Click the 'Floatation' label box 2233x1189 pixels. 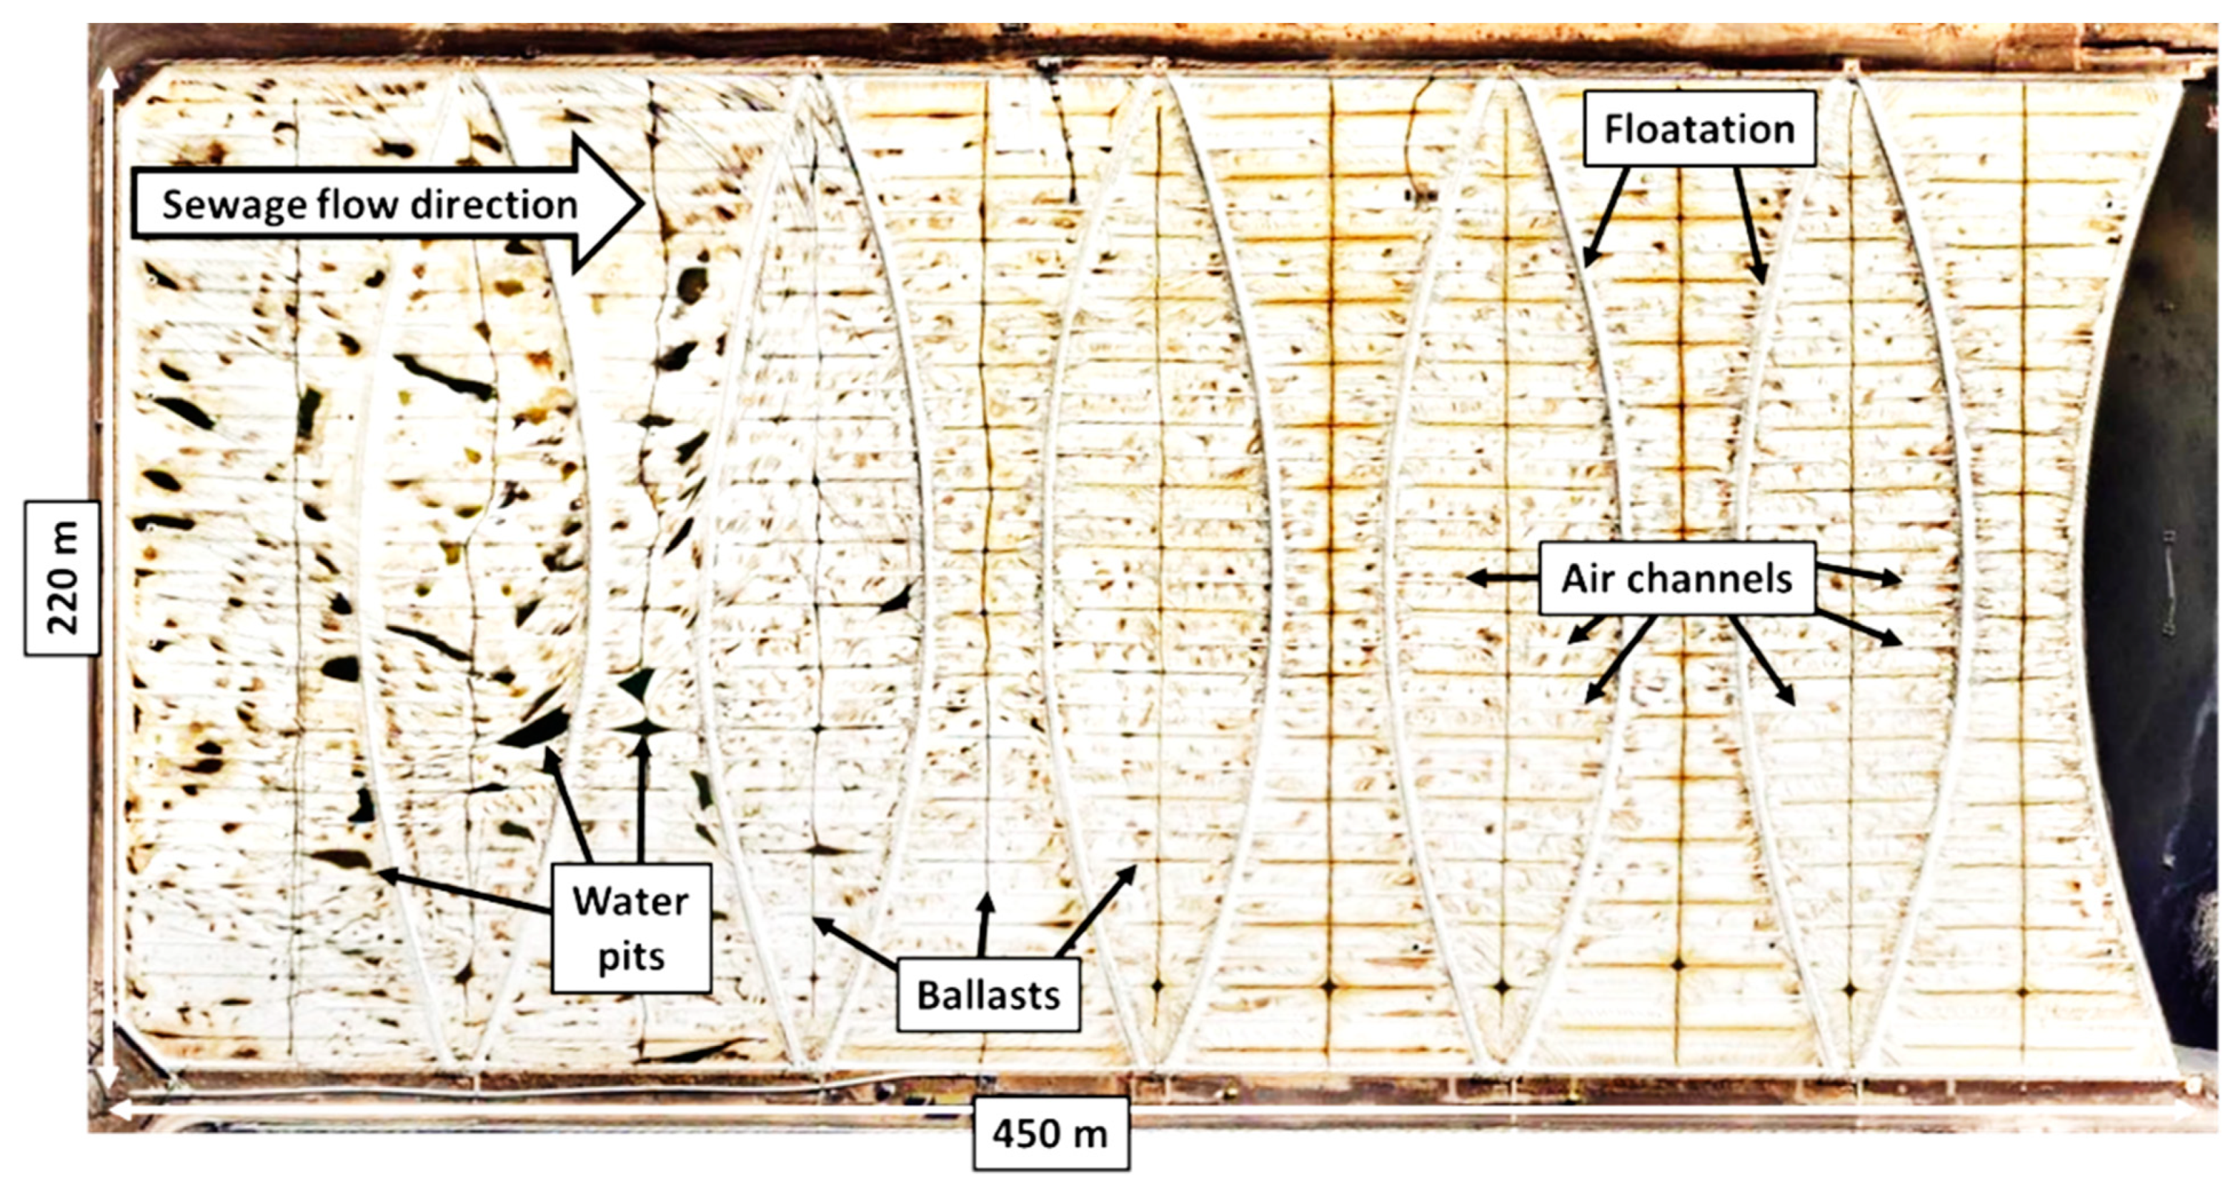1699,129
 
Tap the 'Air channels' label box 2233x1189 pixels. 1676,579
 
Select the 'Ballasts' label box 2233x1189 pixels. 988,995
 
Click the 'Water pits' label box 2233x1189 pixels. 631,928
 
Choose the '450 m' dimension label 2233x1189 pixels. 1050,1133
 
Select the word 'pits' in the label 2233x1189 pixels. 631,957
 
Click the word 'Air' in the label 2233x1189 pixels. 1586,579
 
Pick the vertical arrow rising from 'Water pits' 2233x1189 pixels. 642,797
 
